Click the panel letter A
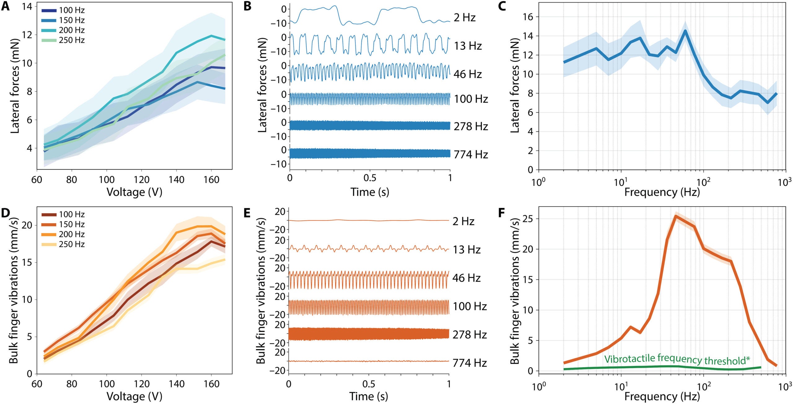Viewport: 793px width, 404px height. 5,7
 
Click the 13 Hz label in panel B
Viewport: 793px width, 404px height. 468,46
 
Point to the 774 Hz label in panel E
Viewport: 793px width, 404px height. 470,363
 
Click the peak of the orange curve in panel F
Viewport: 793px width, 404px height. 676,216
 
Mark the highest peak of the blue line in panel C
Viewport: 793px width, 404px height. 683,31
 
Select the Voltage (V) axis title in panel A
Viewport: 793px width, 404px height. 134,192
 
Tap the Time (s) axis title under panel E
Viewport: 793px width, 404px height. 369,397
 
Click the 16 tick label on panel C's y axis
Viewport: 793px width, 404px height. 528,17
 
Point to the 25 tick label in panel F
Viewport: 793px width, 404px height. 528,219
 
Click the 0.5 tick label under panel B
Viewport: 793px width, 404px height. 370,178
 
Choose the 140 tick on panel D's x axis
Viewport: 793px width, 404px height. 177,384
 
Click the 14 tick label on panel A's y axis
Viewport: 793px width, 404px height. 27,7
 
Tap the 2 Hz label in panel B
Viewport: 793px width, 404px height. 464,18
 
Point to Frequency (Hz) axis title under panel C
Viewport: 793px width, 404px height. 662,192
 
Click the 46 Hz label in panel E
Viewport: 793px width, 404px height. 467,278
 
